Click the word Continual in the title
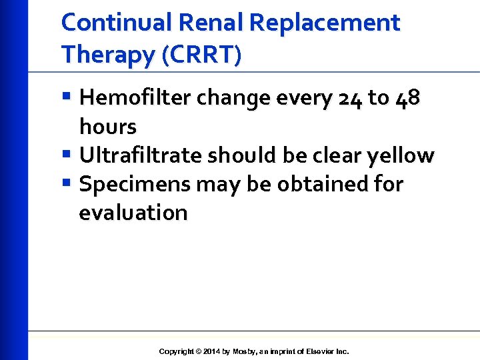click(x=117, y=23)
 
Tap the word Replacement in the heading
click(x=325, y=23)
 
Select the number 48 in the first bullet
click(x=407, y=98)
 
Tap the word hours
click(x=107, y=127)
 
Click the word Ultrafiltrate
click(x=141, y=155)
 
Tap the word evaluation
click(x=133, y=213)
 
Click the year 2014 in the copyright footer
click(x=211, y=351)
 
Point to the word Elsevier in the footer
click(x=316, y=351)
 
